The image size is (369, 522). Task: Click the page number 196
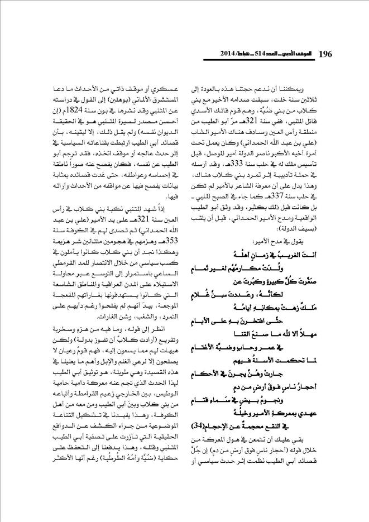coord(325,54)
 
